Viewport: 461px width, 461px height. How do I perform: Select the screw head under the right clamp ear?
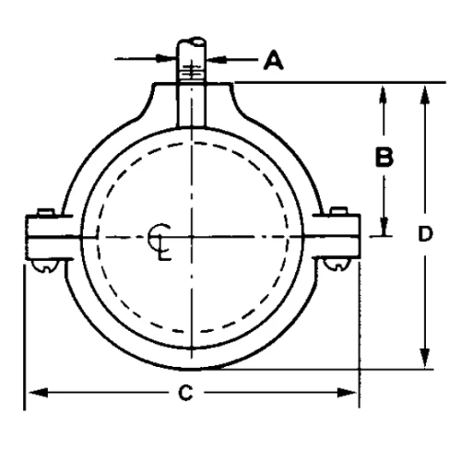click(x=334, y=266)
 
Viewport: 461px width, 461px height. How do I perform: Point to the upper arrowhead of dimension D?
click(x=425, y=91)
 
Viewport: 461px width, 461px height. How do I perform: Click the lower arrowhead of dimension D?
click(x=425, y=362)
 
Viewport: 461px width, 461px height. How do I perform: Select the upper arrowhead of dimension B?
click(x=384, y=91)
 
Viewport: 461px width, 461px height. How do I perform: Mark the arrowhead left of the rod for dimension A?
click(x=166, y=61)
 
